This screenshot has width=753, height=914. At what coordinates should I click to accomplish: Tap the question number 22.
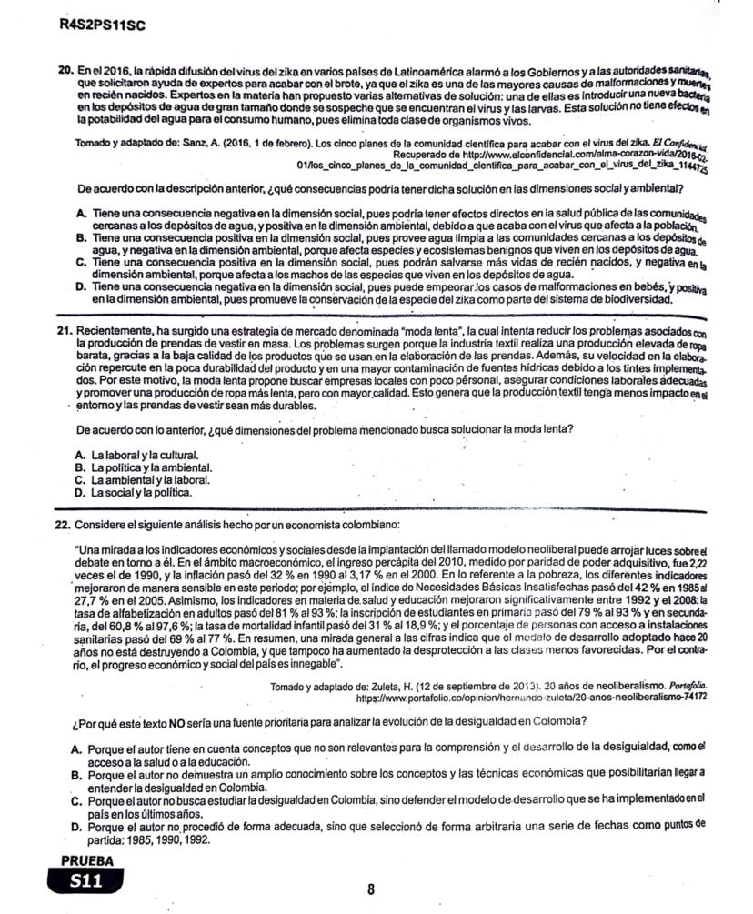(63, 526)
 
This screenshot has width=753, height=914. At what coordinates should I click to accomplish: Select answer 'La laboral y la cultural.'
(146, 453)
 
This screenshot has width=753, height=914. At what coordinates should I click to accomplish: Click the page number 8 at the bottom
(371, 889)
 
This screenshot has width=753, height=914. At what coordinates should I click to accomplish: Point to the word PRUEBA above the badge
(87, 859)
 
